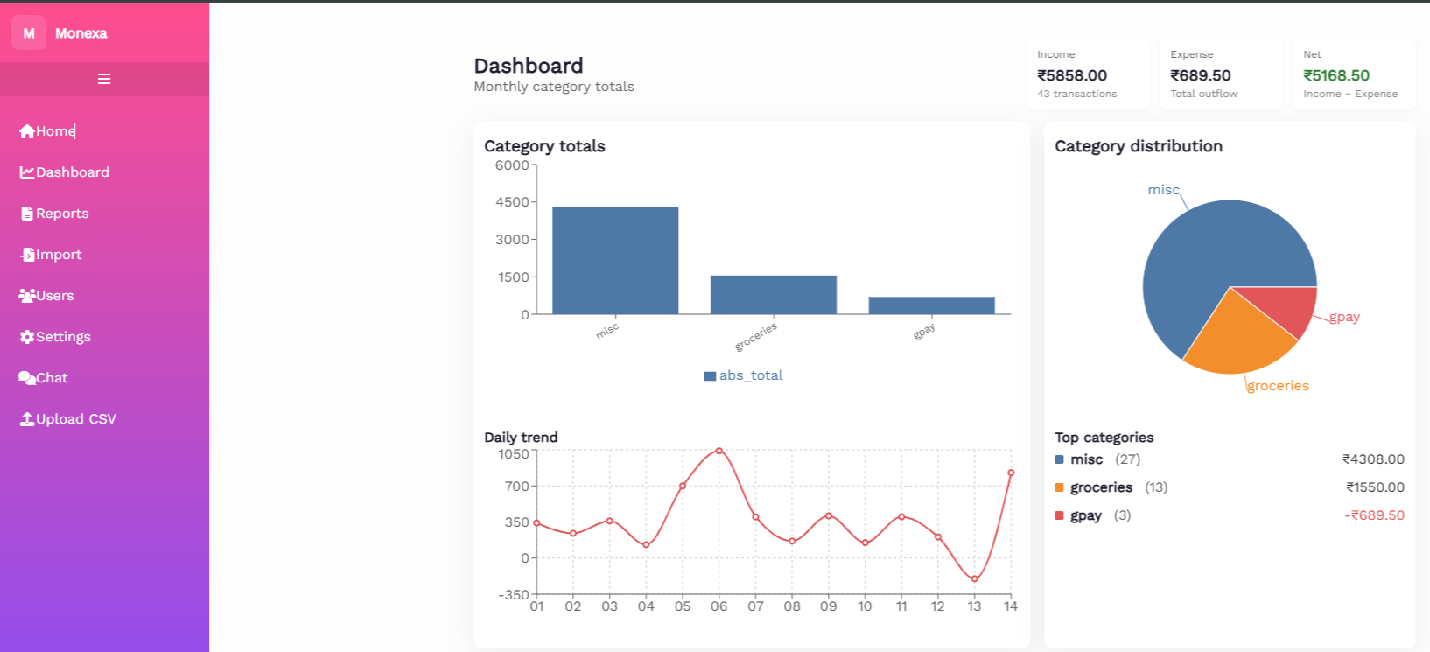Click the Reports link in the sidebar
point(61,214)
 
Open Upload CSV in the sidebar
point(75,419)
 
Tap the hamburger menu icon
point(104,79)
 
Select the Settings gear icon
point(27,337)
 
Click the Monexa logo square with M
point(29,33)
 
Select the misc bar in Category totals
point(615,260)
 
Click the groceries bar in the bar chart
point(774,295)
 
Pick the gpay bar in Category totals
point(931,305)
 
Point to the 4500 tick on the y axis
point(512,202)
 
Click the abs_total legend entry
point(744,375)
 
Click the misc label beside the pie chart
point(1163,190)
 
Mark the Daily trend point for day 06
point(719,451)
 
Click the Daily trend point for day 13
point(974,579)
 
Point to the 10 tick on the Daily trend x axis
point(865,606)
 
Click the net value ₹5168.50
point(1336,75)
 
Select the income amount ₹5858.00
point(1072,75)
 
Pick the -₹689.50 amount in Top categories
point(1374,515)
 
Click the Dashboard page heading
point(529,66)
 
